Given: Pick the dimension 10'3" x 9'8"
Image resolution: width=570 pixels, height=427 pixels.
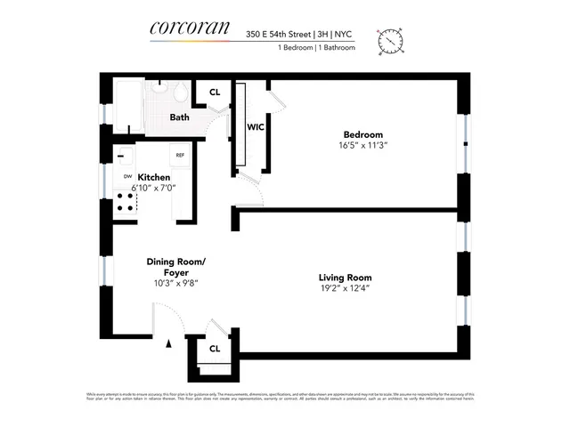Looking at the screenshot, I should tap(175, 283).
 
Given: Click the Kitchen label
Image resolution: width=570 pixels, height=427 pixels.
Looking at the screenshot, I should tap(153, 177).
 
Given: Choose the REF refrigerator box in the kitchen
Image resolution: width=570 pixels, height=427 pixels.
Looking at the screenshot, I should tap(179, 155).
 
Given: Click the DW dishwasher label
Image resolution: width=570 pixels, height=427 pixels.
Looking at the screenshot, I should tap(126, 176).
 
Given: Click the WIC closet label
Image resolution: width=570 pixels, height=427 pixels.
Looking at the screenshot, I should tap(254, 127).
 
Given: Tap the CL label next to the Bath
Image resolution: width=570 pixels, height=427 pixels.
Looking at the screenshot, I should tap(215, 93).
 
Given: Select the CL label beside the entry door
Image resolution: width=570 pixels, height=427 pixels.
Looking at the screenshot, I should tap(214, 348).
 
